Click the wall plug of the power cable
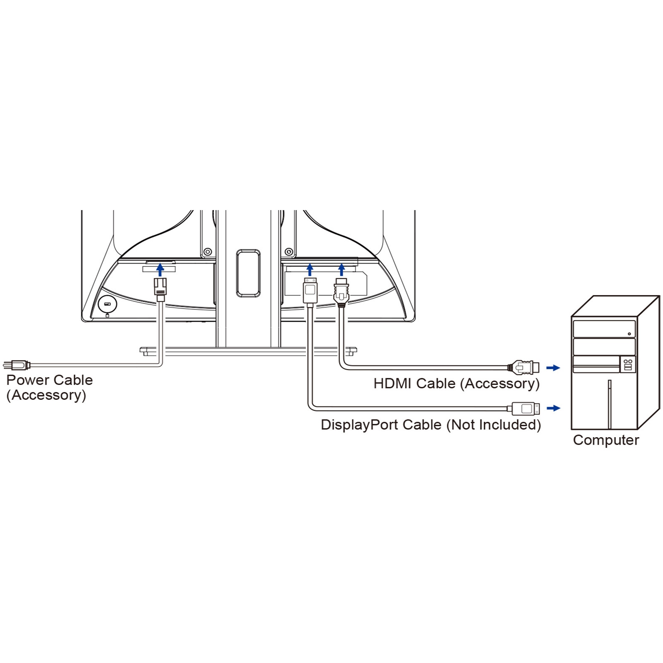click(17, 365)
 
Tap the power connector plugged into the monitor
click(160, 289)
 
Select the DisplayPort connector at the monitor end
click(310, 291)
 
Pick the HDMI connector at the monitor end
click(341, 293)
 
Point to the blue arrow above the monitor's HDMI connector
click(341, 269)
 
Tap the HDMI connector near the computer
click(524, 367)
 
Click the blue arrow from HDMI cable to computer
click(553, 368)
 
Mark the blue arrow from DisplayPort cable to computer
click(553, 408)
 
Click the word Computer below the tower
click(606, 440)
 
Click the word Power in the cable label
click(28, 380)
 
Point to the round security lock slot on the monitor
click(108, 305)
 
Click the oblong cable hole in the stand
click(248, 273)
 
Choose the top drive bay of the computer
click(604, 329)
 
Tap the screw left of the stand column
click(208, 252)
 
